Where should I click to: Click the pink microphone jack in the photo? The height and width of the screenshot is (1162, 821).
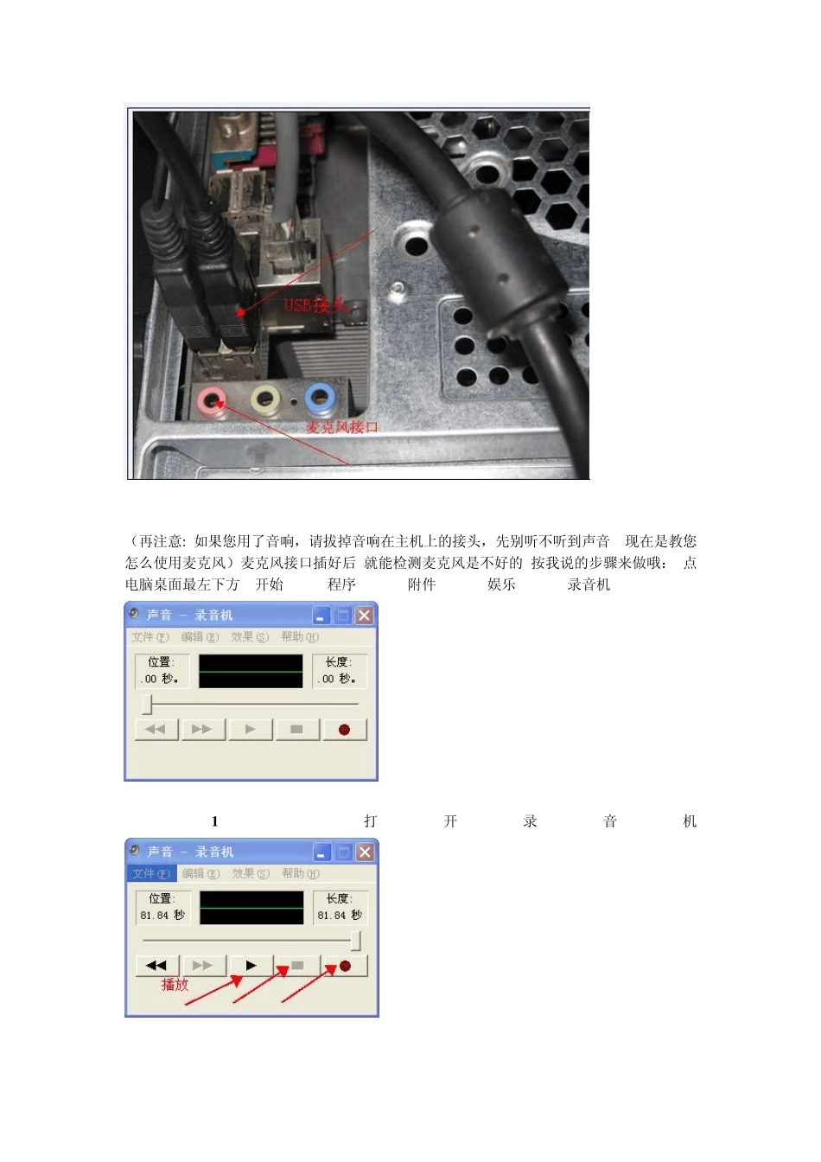click(x=212, y=400)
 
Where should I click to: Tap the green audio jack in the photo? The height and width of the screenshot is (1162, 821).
click(x=265, y=399)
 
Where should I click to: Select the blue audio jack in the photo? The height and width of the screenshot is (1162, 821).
click(x=320, y=399)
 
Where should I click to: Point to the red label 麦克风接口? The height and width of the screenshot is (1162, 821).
click(x=342, y=427)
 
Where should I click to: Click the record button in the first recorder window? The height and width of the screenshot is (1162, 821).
click(x=344, y=730)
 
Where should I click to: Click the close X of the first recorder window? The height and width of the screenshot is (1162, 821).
click(x=364, y=616)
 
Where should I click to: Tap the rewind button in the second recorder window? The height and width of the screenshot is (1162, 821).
click(x=156, y=966)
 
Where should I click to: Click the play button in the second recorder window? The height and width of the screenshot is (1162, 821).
click(x=251, y=966)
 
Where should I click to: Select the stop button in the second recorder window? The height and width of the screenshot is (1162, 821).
click(x=297, y=966)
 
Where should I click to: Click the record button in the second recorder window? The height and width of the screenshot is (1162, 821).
click(x=345, y=966)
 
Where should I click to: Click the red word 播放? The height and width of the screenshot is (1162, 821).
click(x=175, y=985)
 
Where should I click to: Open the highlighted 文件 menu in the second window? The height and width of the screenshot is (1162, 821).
click(x=151, y=874)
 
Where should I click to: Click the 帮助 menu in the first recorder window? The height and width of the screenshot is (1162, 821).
click(x=300, y=637)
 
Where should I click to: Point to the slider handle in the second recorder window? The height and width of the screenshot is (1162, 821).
click(x=355, y=940)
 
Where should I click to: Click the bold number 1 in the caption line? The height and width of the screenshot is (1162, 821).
click(x=214, y=821)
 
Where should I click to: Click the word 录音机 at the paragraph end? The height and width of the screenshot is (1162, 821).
click(x=589, y=584)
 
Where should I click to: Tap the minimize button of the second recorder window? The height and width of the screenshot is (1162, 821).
click(x=321, y=852)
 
